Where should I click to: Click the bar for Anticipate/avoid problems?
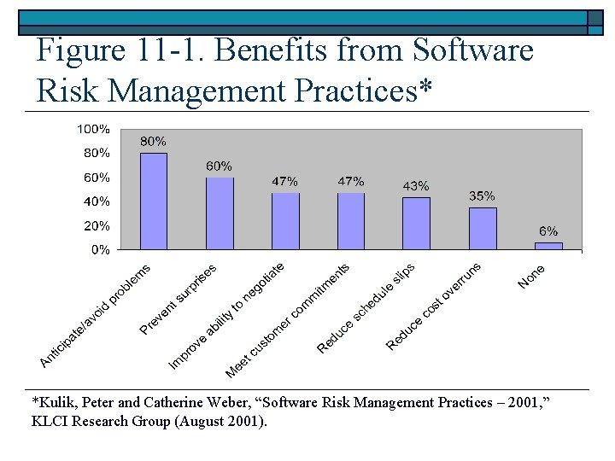(154, 201)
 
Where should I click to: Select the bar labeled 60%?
(220, 213)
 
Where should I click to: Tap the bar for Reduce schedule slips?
(416, 224)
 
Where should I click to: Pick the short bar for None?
(548, 246)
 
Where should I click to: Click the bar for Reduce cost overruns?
(482, 228)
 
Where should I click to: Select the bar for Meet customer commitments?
(350, 221)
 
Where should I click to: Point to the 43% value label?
(416, 186)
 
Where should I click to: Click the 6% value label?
(548, 231)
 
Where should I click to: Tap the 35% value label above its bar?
(482, 196)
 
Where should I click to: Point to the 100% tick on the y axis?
(93, 129)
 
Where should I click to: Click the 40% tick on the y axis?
(96, 202)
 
